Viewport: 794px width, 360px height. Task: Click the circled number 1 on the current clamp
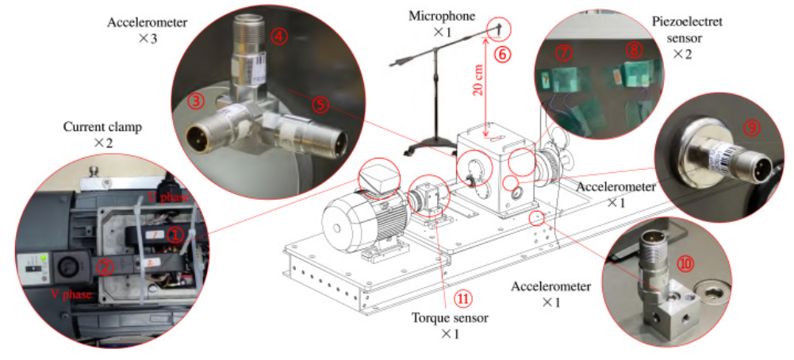click(176, 233)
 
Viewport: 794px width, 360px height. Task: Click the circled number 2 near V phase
click(105, 266)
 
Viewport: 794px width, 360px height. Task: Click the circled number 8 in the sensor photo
click(634, 49)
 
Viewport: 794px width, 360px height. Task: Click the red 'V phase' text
click(71, 294)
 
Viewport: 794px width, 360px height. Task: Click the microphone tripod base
click(435, 141)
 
